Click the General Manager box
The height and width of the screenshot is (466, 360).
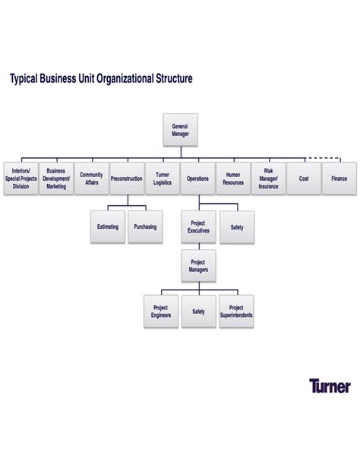point(180,129)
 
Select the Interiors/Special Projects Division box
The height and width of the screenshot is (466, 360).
point(21,178)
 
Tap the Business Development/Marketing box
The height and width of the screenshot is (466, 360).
point(56,178)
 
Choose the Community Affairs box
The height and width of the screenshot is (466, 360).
point(91,178)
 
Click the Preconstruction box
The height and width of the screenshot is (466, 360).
point(126,178)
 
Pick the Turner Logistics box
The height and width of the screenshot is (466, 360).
point(162,178)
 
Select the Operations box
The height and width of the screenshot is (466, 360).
point(197,178)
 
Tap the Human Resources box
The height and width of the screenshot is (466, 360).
point(233,178)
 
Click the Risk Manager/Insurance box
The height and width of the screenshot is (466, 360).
point(268,178)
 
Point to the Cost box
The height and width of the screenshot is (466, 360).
point(304,178)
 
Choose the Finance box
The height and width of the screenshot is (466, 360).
point(339,178)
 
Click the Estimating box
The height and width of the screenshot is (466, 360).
point(108,227)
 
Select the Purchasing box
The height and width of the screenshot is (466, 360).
point(145,227)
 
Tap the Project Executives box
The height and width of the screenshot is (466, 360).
point(198,227)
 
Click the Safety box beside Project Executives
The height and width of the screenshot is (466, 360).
point(236,227)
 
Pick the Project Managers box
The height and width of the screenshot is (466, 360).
point(198,266)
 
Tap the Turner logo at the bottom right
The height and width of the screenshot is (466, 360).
point(330,386)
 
